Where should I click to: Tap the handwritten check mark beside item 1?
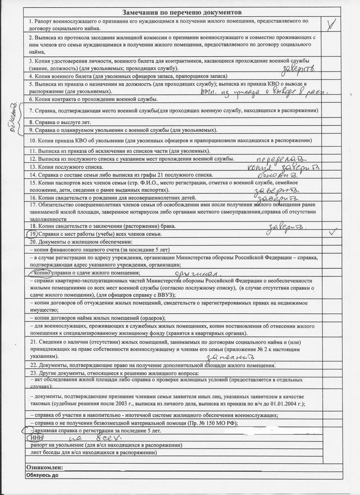(330, 25)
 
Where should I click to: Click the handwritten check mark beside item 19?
(332, 233)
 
